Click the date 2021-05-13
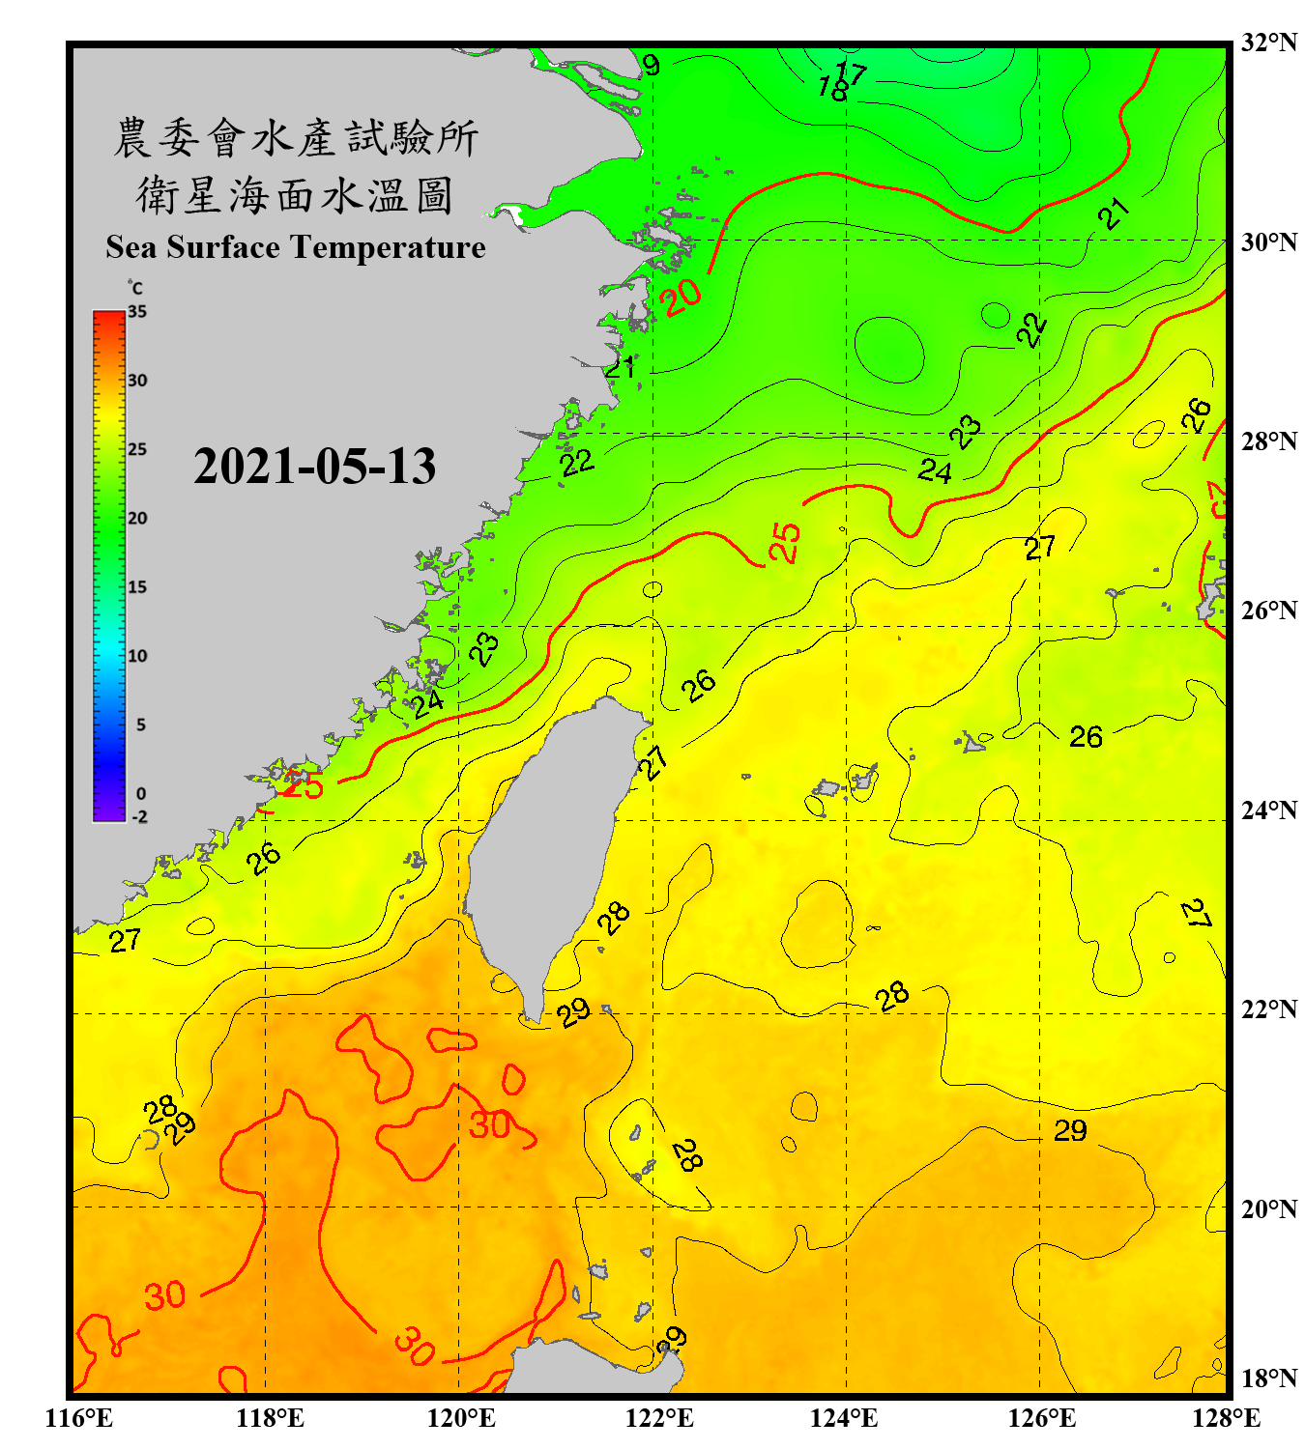point(314,467)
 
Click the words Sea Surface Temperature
point(296,247)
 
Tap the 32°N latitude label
point(1268,43)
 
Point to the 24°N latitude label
point(1268,810)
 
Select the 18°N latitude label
point(1268,1378)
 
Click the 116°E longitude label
point(79,1418)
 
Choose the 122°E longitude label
point(659,1418)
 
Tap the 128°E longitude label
point(1226,1418)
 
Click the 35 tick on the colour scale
point(137,311)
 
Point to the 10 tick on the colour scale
point(137,656)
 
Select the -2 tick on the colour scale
point(139,816)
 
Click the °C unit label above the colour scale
point(135,288)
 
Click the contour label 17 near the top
point(852,71)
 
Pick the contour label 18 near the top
point(832,90)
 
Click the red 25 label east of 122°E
point(785,541)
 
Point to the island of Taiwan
point(551,840)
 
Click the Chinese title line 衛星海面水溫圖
point(295,195)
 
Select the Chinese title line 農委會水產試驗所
point(296,137)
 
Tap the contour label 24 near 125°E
point(935,470)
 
